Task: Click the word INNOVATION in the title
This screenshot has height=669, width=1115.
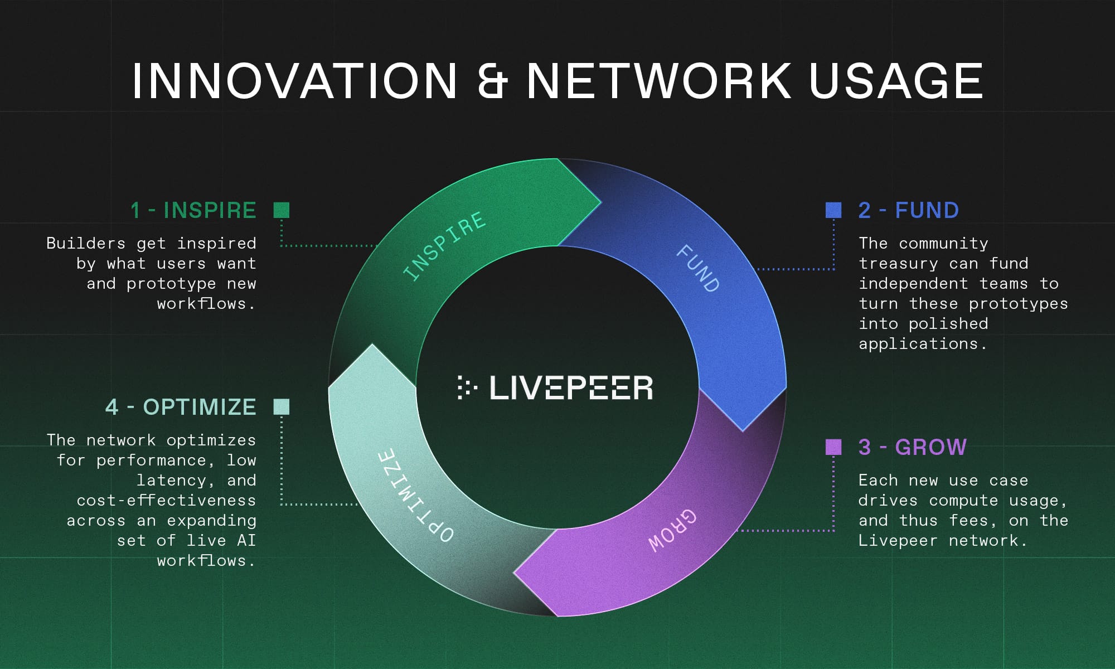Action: pyautogui.click(x=294, y=81)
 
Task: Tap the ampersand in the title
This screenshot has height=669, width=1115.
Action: pyautogui.click(x=492, y=81)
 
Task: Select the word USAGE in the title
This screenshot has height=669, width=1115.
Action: pyautogui.click(x=896, y=81)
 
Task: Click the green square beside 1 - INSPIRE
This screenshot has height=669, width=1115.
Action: pyautogui.click(x=282, y=210)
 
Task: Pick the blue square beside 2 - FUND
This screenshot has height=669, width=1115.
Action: pyautogui.click(x=833, y=210)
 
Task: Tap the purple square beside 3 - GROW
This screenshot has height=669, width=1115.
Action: pyautogui.click(x=833, y=447)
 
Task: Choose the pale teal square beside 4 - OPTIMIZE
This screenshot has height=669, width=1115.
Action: pyautogui.click(x=282, y=407)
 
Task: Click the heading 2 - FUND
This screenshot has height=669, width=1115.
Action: pyautogui.click(x=909, y=210)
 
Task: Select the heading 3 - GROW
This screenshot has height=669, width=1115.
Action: pyautogui.click(x=913, y=447)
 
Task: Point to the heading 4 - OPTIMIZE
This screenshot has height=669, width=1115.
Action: pyautogui.click(x=181, y=407)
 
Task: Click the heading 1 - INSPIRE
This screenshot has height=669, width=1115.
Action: pyautogui.click(x=193, y=210)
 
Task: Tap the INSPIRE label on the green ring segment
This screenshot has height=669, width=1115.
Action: pyautogui.click(x=444, y=246)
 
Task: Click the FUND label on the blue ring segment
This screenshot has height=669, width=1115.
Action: pyautogui.click(x=698, y=268)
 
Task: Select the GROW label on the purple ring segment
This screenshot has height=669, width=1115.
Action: pyautogui.click(x=672, y=530)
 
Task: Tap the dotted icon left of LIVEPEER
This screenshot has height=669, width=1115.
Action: pyautogui.click(x=467, y=387)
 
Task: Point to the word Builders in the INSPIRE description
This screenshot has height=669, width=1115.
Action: pyautogui.click(x=86, y=243)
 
